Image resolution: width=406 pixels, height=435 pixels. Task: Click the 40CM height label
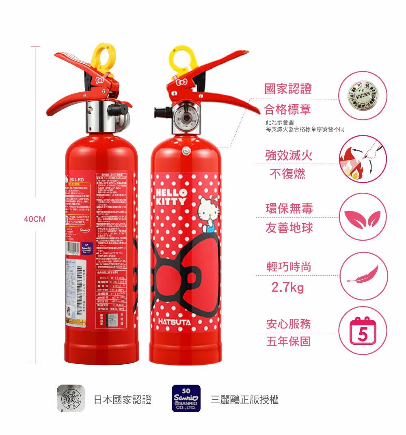pyautogui.click(x=35, y=219)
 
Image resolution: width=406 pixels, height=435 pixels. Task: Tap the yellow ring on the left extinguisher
pyautogui.click(x=103, y=56)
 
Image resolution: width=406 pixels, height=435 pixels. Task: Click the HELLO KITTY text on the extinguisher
pyautogui.click(x=171, y=196)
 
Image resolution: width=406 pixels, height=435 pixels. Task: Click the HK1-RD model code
pyautogui.click(x=76, y=180)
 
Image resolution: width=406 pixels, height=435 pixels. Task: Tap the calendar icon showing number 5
pyautogui.click(x=362, y=330)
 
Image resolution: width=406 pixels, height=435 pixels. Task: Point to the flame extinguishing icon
pyautogui.click(x=363, y=159)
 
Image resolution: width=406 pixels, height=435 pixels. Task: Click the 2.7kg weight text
pyautogui.click(x=287, y=287)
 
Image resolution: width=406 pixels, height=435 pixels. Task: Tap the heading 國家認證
pyautogui.click(x=288, y=89)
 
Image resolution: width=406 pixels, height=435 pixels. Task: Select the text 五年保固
pyautogui.click(x=288, y=341)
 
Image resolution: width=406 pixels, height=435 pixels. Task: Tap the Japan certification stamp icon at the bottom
pyautogui.click(x=70, y=398)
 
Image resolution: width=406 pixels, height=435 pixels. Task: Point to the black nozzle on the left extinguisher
pyautogui.click(x=119, y=109)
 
